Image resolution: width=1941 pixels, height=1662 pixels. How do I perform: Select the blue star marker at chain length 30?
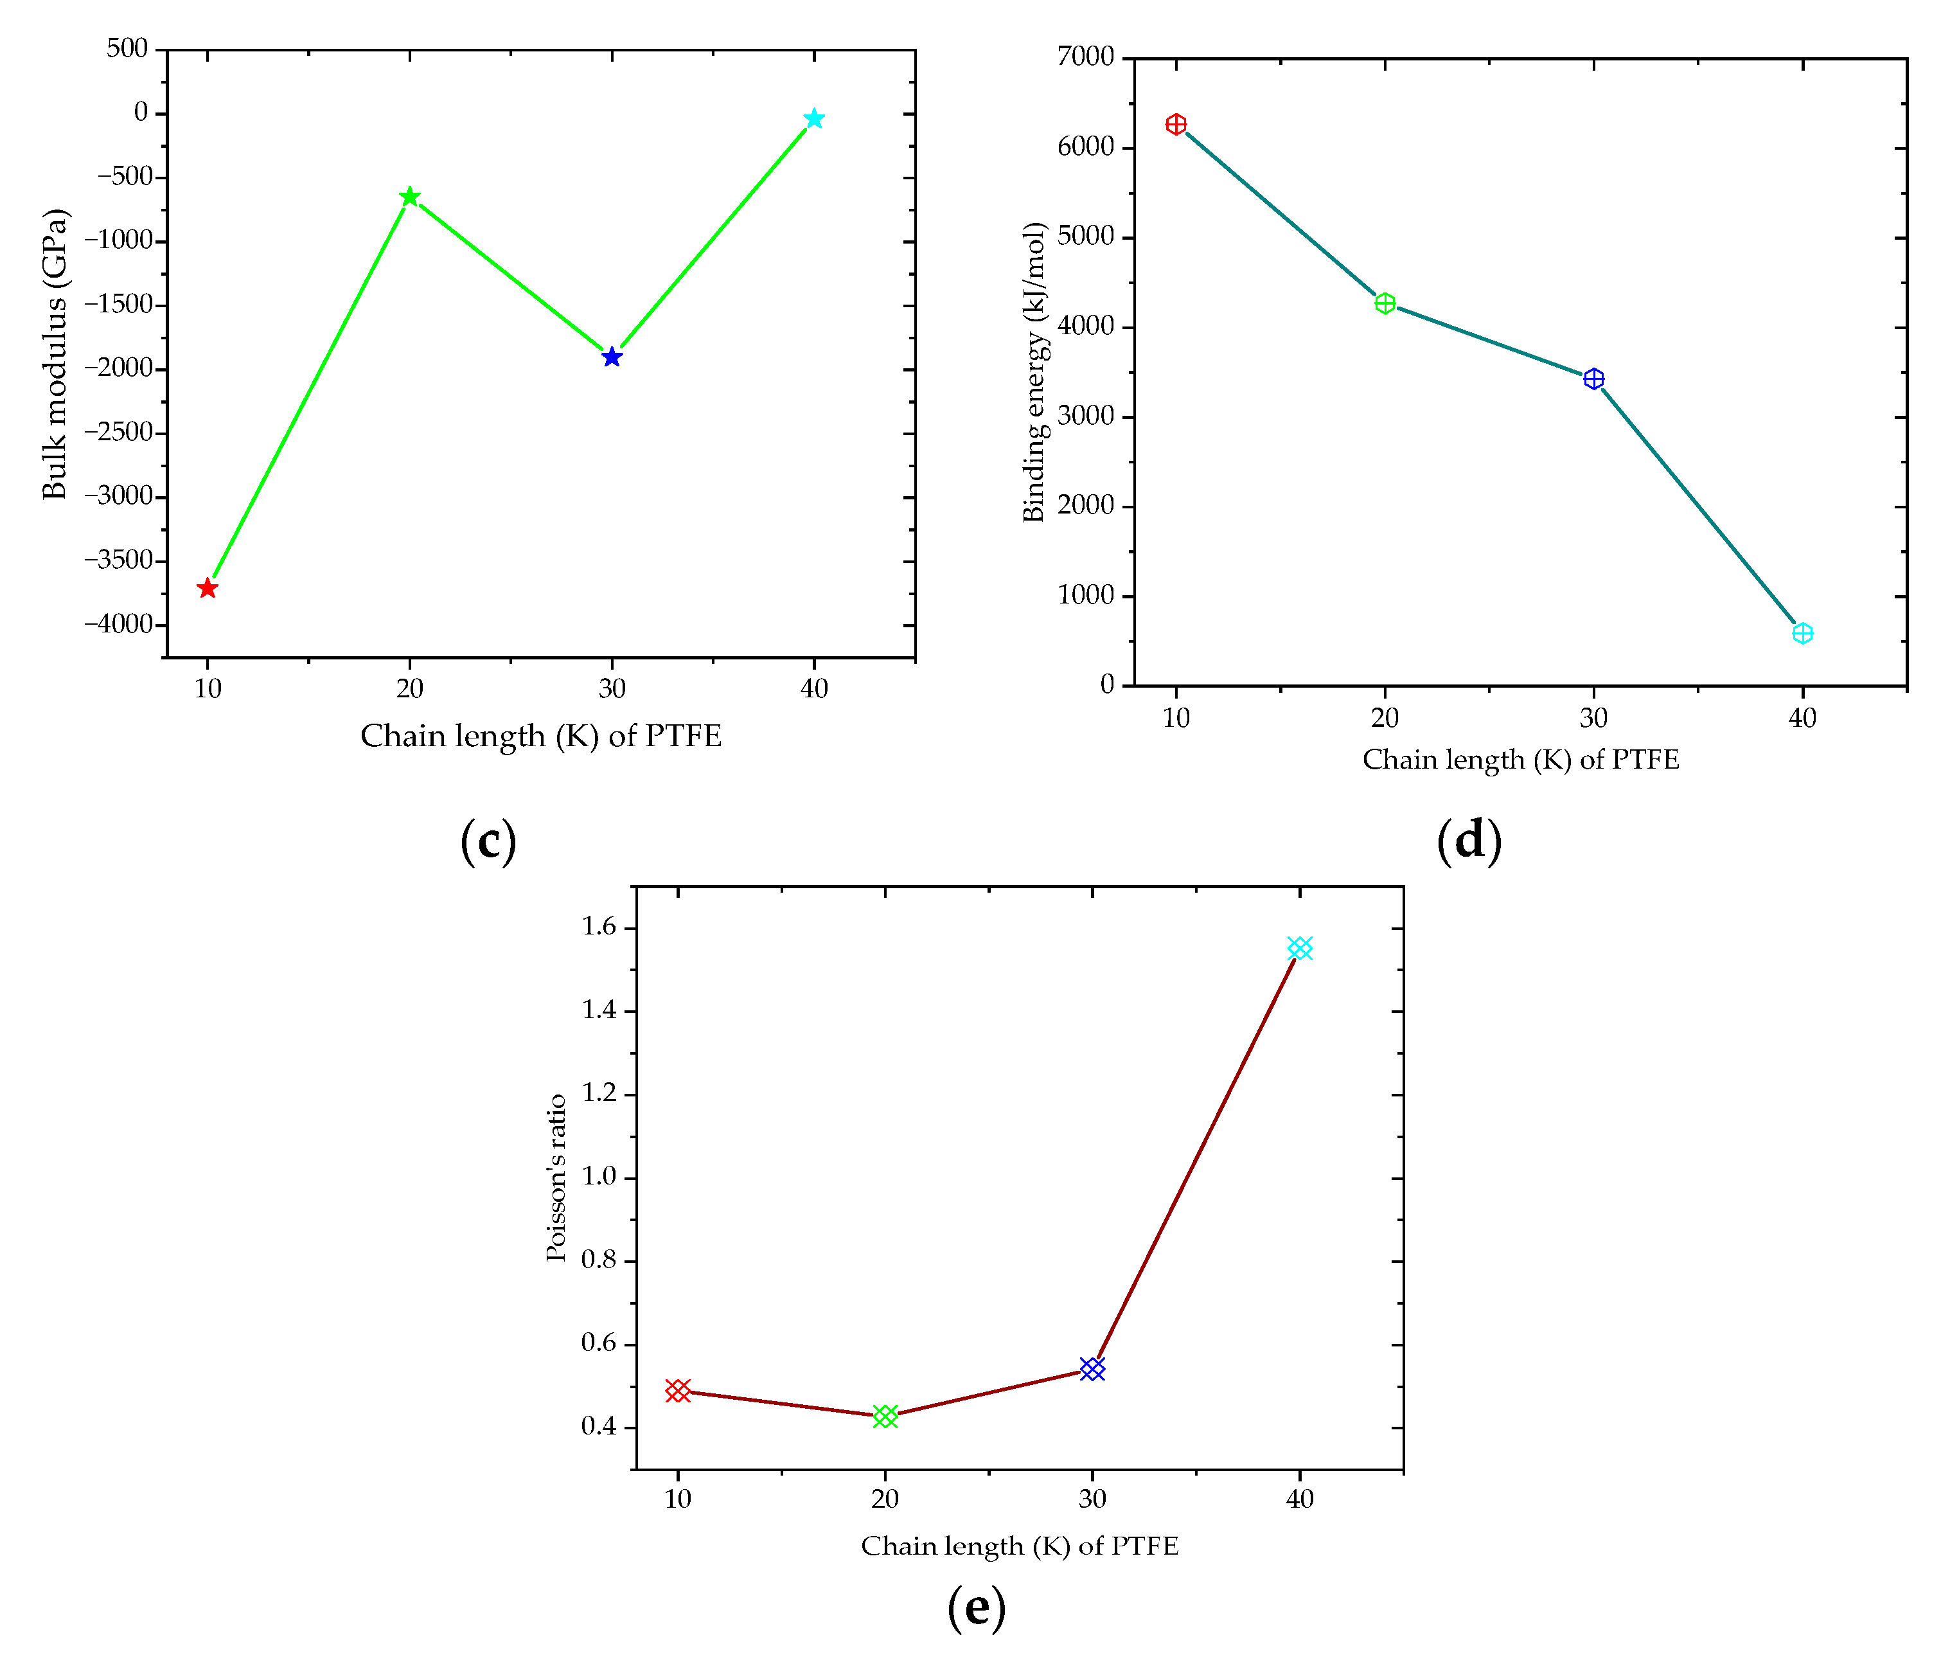(612, 357)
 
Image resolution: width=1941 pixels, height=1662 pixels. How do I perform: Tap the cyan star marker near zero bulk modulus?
(814, 119)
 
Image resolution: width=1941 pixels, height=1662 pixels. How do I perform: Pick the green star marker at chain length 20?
(409, 197)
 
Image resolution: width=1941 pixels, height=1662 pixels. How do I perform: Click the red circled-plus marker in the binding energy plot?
(1176, 125)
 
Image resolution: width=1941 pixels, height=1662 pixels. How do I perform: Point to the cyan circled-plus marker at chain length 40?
(1802, 633)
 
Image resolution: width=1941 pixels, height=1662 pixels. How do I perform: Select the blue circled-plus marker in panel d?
(1593, 379)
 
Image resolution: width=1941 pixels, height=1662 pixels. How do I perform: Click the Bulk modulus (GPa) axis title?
(55, 354)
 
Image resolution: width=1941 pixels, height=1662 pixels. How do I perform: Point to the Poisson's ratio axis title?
(556, 1177)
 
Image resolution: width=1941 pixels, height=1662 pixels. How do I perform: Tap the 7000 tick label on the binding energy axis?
(1086, 57)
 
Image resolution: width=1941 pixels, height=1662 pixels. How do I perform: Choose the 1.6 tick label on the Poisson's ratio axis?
(599, 927)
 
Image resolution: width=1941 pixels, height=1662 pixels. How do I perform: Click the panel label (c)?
(488, 841)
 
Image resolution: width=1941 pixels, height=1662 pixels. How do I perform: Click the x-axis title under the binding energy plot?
(1520, 760)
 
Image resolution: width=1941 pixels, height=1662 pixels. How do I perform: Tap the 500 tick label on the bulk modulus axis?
(127, 49)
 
